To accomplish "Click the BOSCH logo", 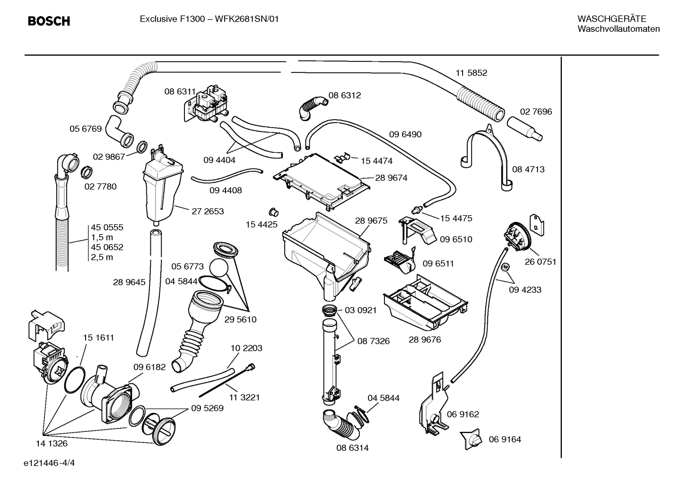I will (49, 21).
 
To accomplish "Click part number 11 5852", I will (471, 73).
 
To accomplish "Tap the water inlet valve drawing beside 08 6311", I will (206, 105).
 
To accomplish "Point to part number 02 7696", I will (536, 112).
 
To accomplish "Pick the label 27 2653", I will (208, 211).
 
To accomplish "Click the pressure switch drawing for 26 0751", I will (518, 237).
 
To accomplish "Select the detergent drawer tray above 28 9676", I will (426, 303).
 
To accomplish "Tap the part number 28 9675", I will (371, 221).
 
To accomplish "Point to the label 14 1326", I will (52, 443).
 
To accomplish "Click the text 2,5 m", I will (102, 257).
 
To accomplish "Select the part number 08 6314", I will (352, 447).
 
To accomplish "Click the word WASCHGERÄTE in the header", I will (612, 19).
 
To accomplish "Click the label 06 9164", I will (505, 439).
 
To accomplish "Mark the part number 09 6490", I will (405, 134).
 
